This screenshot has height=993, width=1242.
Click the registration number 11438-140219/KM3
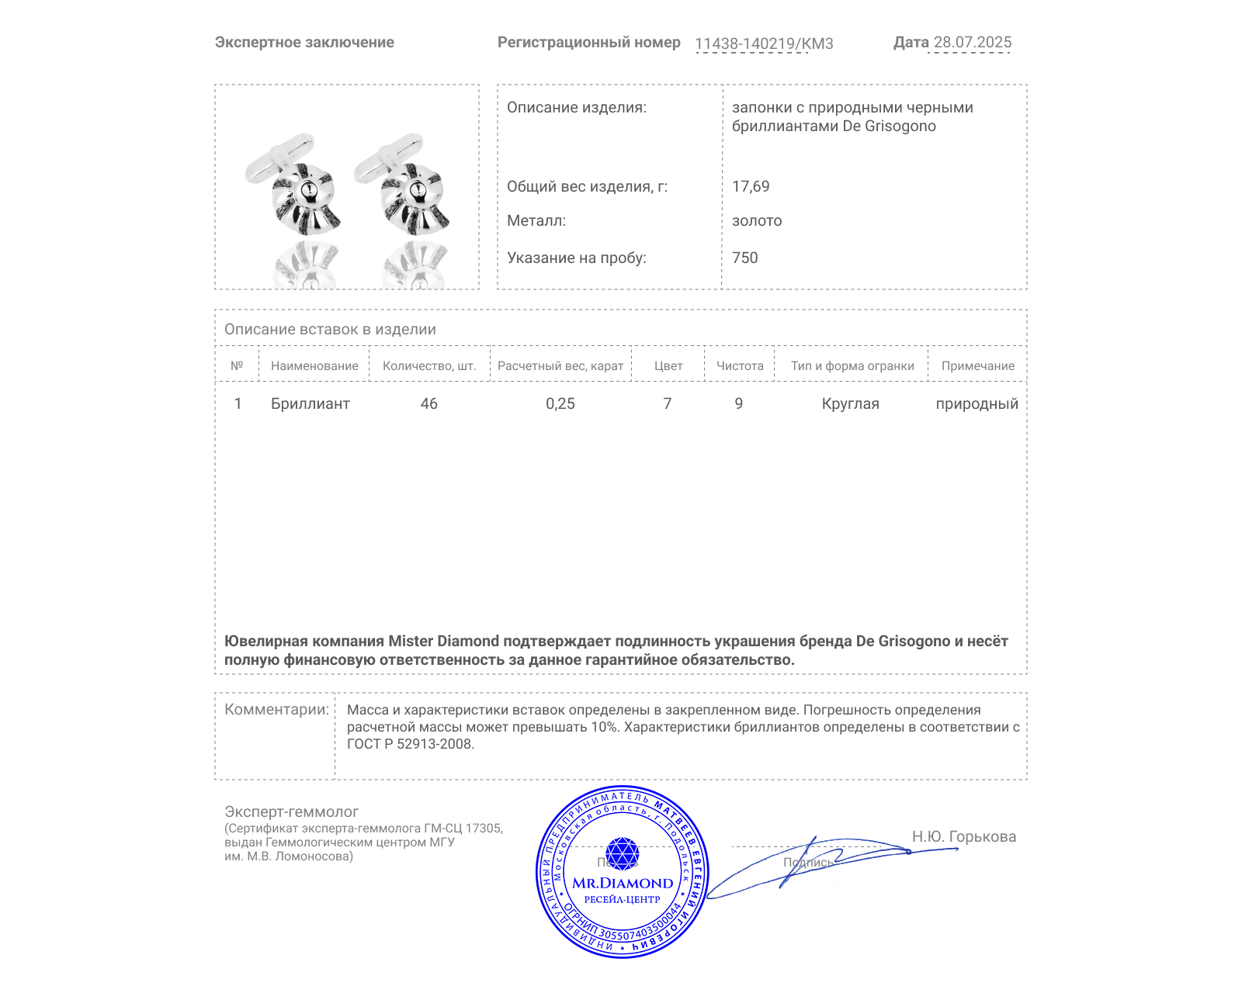tap(764, 43)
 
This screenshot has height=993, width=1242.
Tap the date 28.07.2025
tap(972, 43)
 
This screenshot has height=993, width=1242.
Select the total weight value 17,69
tap(751, 186)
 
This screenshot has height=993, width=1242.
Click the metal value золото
tap(757, 221)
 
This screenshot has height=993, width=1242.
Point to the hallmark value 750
tap(744, 258)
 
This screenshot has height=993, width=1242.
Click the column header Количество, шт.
tap(429, 366)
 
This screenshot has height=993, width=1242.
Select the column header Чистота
tap(740, 366)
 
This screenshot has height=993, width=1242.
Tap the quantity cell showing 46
tap(429, 403)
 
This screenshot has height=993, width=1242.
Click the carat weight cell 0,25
tap(560, 403)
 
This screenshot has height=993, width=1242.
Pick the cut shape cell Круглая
tap(850, 403)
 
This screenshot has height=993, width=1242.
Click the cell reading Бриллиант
tap(310, 403)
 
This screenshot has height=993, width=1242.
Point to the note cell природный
tap(977, 403)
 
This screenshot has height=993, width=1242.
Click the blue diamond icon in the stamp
tap(622, 854)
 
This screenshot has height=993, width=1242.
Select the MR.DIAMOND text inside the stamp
tap(623, 883)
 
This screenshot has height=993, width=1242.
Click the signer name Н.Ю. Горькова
tap(963, 836)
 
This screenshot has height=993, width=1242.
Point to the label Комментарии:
tap(276, 709)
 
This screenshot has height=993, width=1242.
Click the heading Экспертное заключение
tap(304, 43)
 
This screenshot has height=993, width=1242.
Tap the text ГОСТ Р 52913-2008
tap(410, 744)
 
